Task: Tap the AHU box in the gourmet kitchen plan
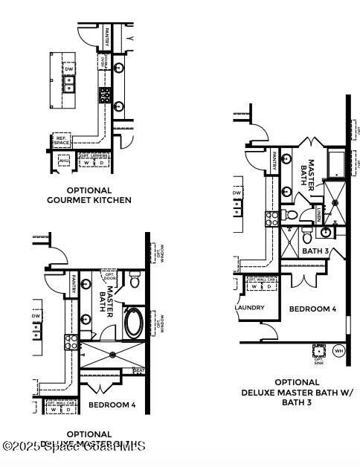tap(64, 161)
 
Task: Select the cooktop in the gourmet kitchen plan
tap(106, 94)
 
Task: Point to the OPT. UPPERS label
tap(94, 155)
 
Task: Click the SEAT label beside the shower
tap(138, 370)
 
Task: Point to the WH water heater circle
tap(339, 351)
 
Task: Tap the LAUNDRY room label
tap(250, 307)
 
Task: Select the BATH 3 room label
tap(316, 251)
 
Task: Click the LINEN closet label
tap(318, 216)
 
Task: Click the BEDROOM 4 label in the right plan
tap(312, 309)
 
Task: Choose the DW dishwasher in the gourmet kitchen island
tap(69, 69)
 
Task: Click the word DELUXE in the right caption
tap(266, 392)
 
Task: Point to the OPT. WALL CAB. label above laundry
tap(261, 279)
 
